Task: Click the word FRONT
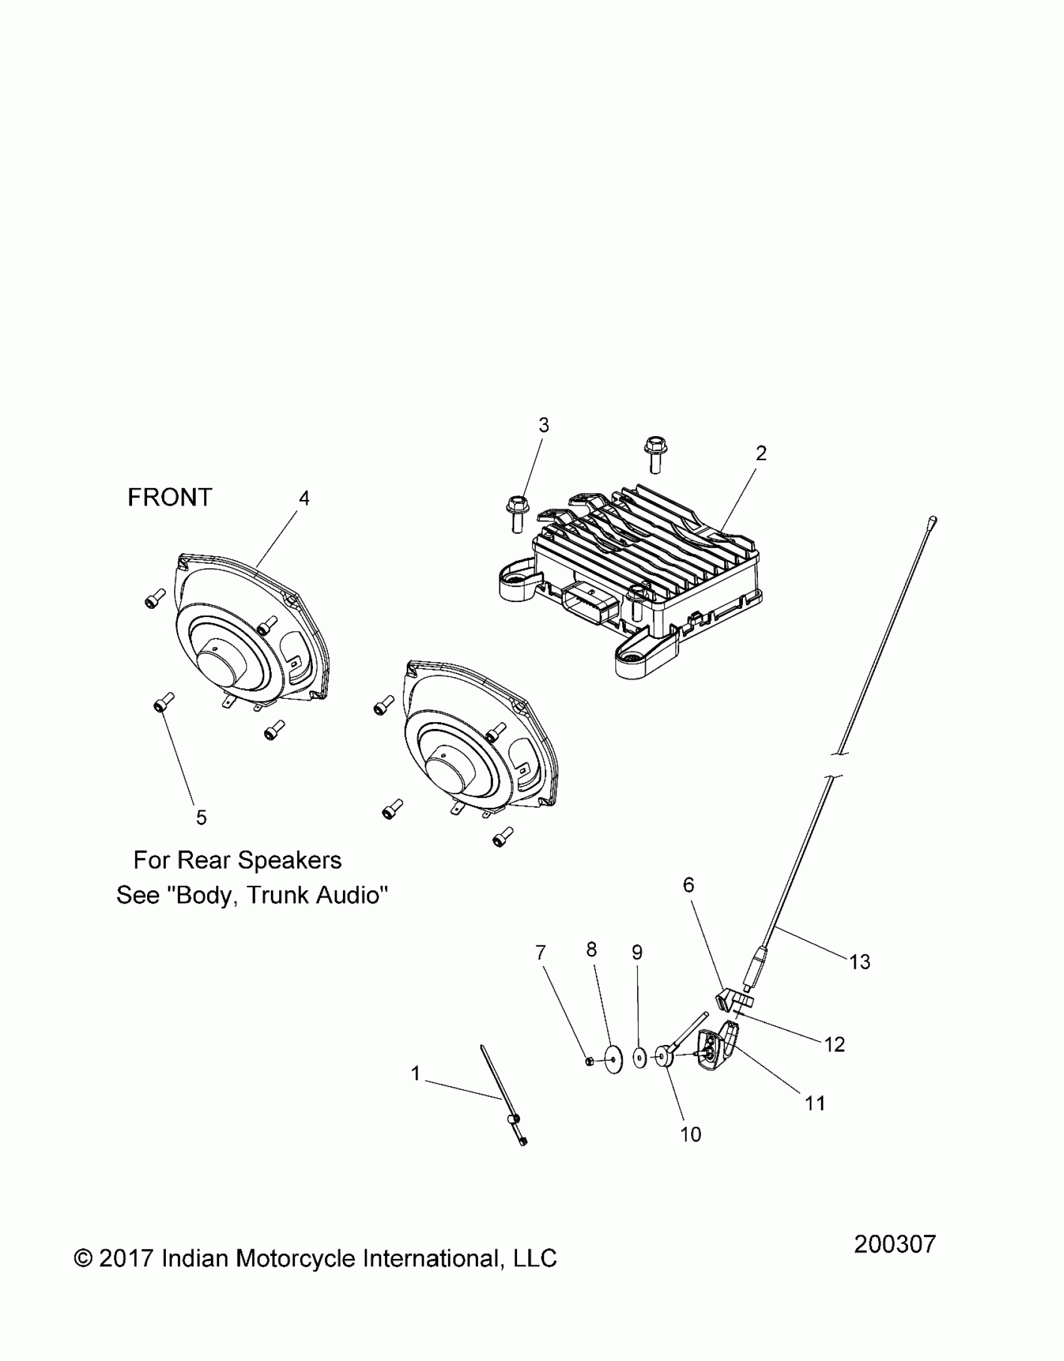coord(170,498)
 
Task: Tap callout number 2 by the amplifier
coord(760,454)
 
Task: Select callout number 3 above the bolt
coord(543,426)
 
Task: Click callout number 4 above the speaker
coord(304,498)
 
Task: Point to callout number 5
coord(201,817)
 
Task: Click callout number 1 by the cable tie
coord(416,1074)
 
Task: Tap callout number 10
coord(690,1134)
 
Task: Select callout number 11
coord(815,1103)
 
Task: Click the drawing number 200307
coord(894,1245)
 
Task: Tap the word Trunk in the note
coord(279,895)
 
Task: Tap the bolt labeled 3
coord(516,513)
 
